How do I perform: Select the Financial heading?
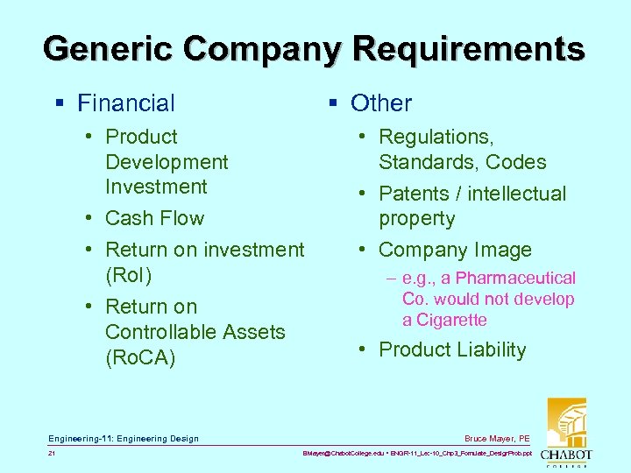[125, 103]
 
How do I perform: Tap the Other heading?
[380, 103]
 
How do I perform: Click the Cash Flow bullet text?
[154, 218]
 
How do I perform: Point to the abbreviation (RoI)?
[128, 275]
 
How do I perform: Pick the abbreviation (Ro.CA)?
[140, 357]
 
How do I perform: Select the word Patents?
[414, 194]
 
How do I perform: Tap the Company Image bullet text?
[455, 250]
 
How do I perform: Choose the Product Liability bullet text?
[452, 349]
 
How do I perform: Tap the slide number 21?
[53, 454]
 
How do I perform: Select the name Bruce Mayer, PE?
[497, 438]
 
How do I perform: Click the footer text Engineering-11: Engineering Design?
[124, 438]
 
